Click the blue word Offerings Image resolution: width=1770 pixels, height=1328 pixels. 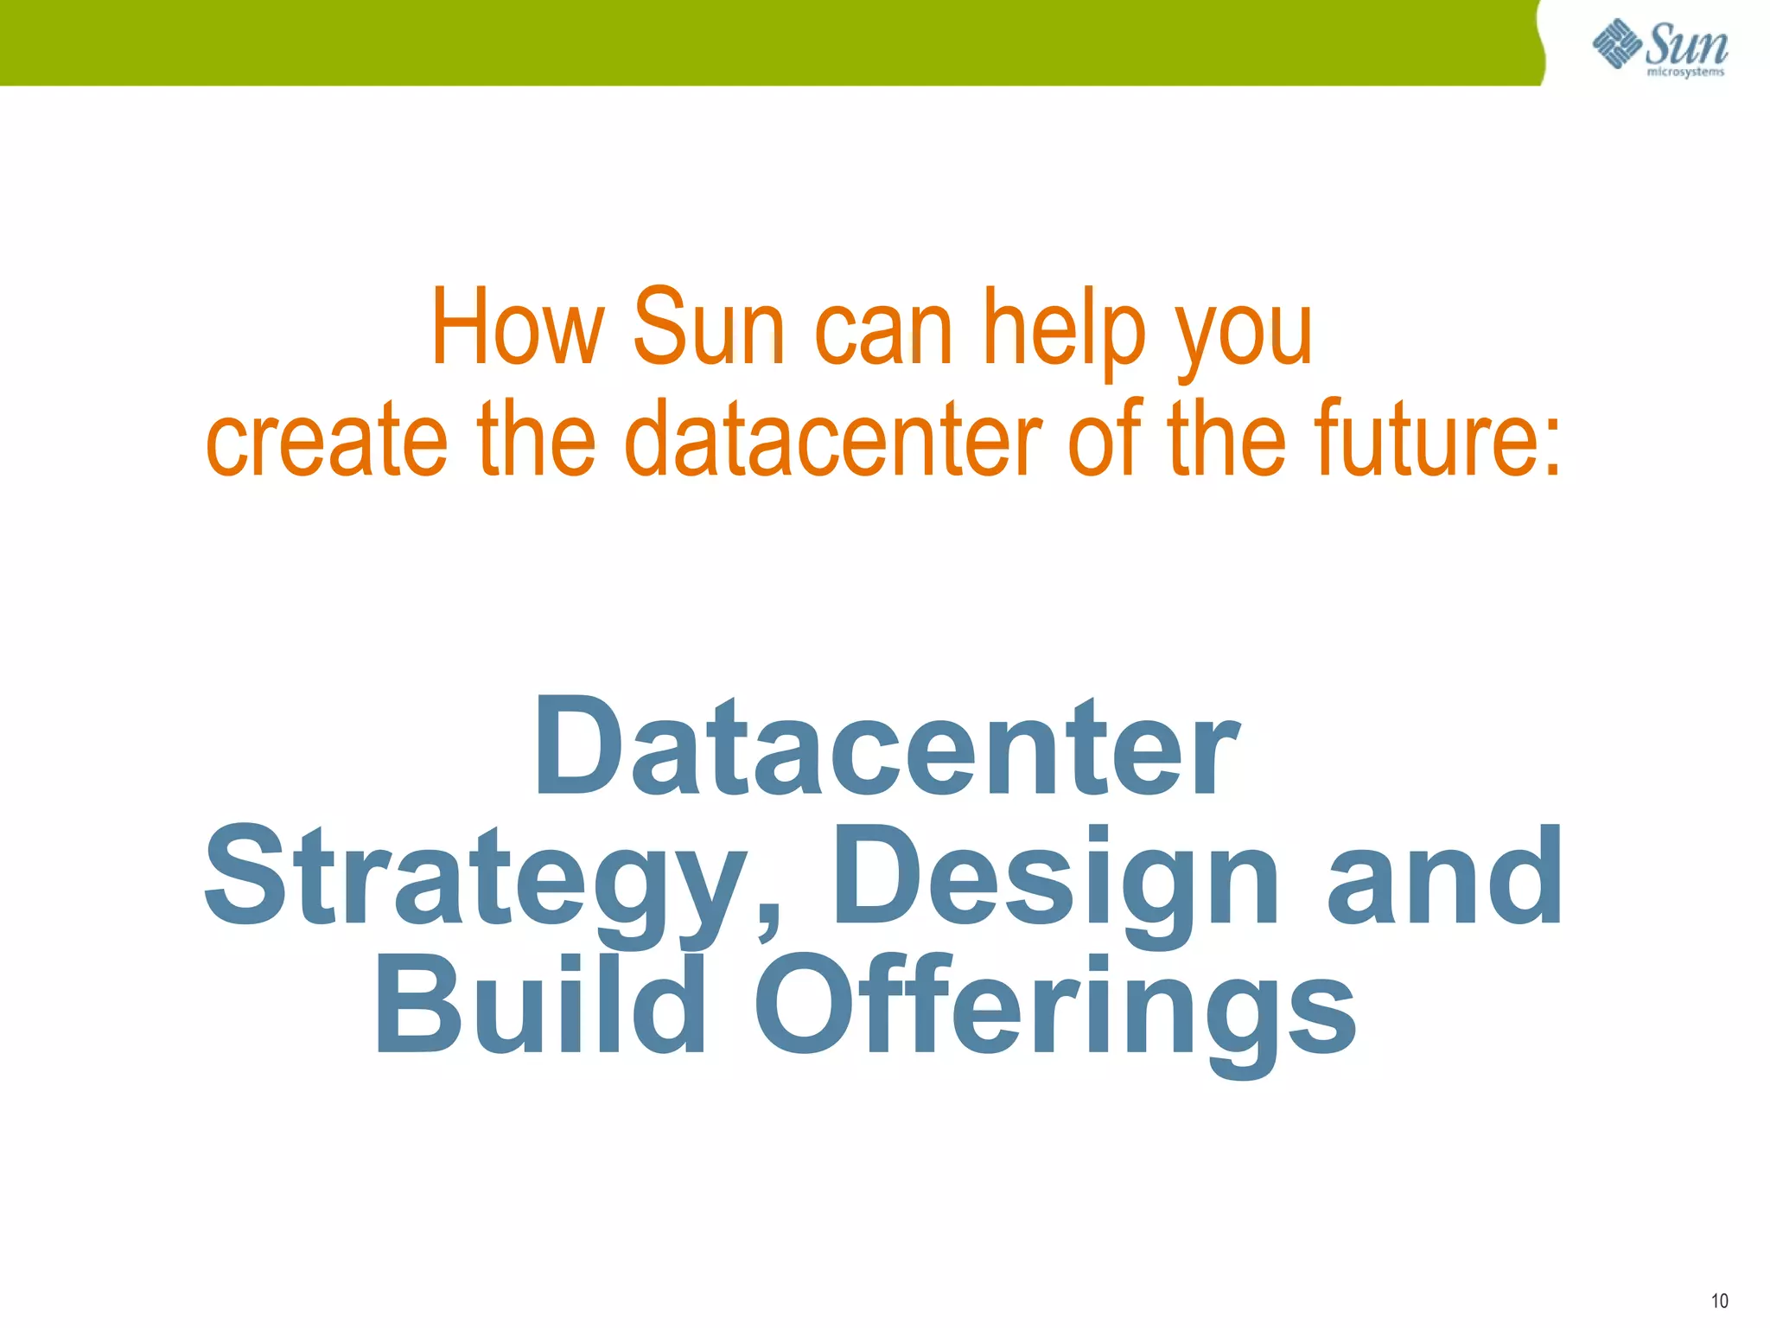1054,1012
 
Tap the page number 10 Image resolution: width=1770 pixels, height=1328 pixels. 1719,1300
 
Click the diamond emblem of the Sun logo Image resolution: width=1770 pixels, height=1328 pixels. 1617,43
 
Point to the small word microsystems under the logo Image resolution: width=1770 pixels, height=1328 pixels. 1685,73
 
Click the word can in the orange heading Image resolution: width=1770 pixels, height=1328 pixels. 883,333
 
